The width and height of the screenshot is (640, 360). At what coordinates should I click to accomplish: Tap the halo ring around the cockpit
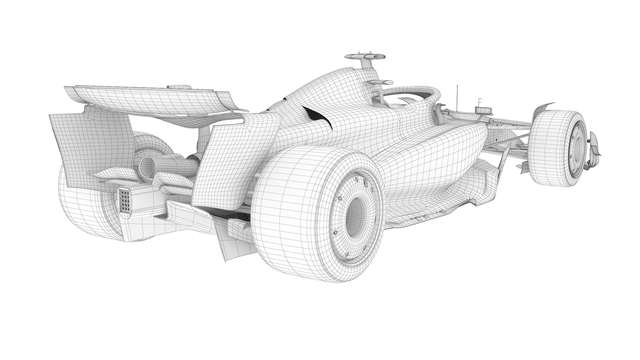(410, 92)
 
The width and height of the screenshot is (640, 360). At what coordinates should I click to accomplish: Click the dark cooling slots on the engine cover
(317, 118)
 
